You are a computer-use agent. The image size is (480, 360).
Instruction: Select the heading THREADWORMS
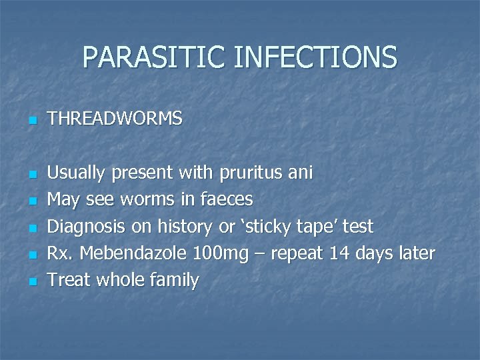click(115, 119)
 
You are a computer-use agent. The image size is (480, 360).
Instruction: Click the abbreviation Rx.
click(59, 253)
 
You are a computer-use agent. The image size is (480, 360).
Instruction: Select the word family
click(173, 281)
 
